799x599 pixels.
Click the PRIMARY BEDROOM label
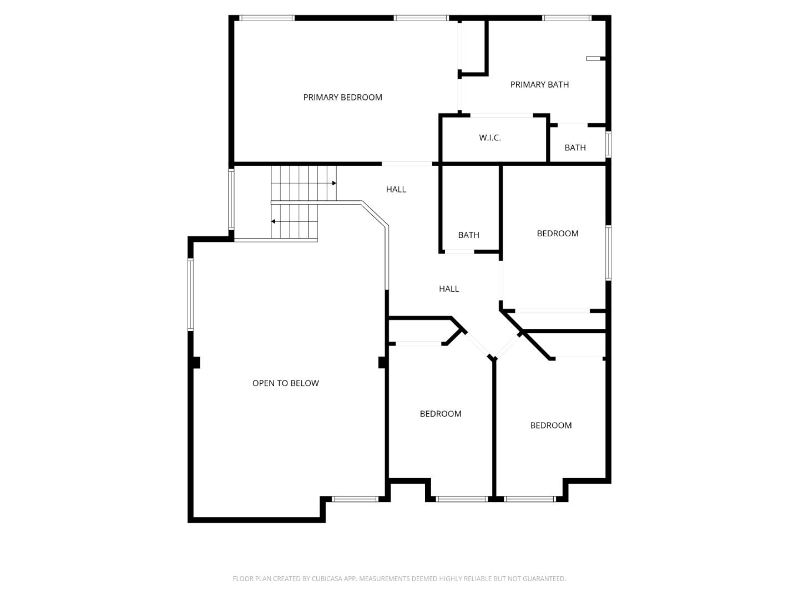[342, 98]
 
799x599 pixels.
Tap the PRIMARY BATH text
[539, 85]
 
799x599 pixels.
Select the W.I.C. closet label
[490, 138]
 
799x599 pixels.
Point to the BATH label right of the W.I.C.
[575, 148]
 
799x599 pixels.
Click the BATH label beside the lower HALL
[468, 235]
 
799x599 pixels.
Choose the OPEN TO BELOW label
[285, 383]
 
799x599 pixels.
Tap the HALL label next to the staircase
[396, 190]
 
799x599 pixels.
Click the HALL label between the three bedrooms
[448, 289]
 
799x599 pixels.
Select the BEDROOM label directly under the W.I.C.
[557, 233]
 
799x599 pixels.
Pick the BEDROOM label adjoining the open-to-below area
[440, 414]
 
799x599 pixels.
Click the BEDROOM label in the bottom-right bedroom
[550, 425]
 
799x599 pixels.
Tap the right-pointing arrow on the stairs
[334, 183]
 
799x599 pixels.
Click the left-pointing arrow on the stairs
[273, 221]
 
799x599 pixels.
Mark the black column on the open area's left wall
[194, 362]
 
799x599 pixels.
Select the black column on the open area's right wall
[382, 362]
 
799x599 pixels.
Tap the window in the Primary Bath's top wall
[566, 18]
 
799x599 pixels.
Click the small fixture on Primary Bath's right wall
[594, 58]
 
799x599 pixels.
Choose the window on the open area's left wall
[190, 295]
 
